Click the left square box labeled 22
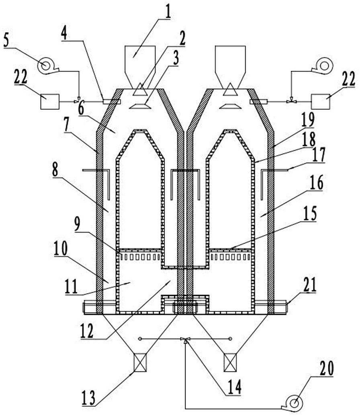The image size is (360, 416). (50, 101)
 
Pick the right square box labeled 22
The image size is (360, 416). (321, 101)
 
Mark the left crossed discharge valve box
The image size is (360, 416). (139, 363)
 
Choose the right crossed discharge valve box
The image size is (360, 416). (230, 363)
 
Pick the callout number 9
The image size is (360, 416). (77, 224)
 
